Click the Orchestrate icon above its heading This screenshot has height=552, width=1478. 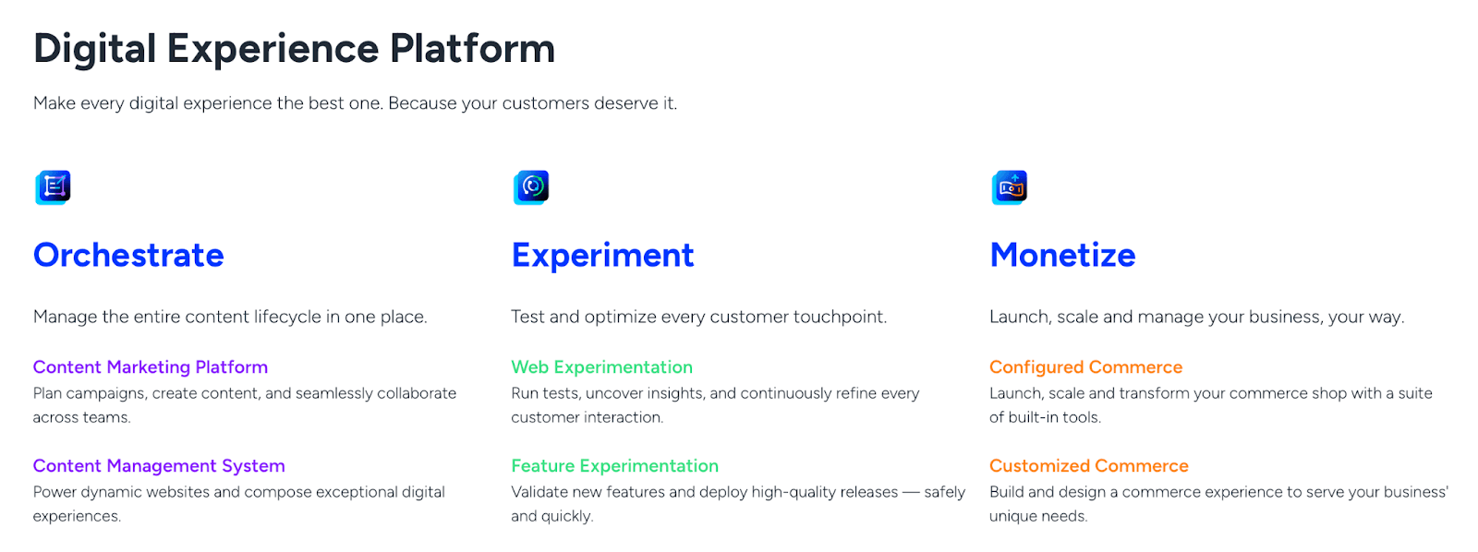click(53, 188)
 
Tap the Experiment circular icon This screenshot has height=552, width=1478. click(531, 188)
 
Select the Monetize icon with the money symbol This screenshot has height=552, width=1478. click(1010, 188)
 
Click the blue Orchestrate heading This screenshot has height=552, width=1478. click(128, 255)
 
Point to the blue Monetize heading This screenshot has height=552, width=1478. click(1062, 255)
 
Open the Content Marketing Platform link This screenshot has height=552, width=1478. click(151, 367)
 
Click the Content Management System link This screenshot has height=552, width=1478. click(159, 466)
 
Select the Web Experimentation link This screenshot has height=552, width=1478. click(601, 367)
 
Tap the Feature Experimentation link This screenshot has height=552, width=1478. click(615, 466)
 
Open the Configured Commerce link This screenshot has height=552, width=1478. click(1086, 367)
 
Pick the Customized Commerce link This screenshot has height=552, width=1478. click(1089, 465)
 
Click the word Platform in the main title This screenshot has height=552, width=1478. click(472, 49)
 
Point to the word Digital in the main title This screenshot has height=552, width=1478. click(94, 50)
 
